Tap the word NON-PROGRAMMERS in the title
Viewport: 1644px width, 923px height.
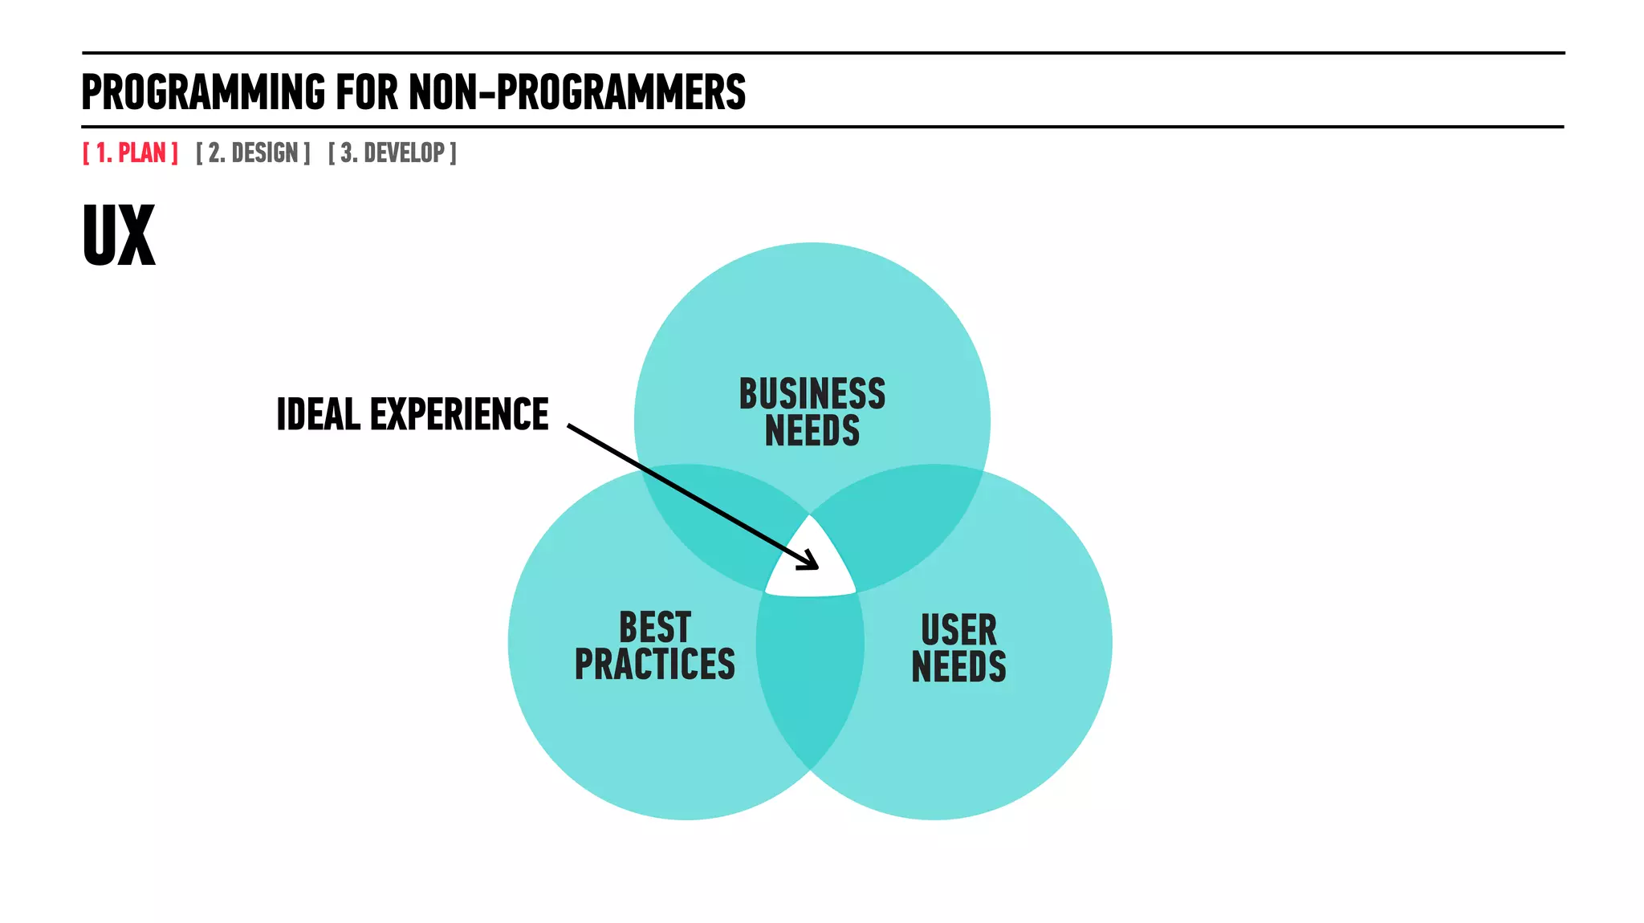click(x=577, y=92)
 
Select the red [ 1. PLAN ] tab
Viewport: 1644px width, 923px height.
click(x=130, y=152)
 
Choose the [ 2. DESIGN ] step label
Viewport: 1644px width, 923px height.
click(x=253, y=152)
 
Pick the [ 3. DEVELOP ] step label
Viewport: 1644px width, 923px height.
click(x=392, y=152)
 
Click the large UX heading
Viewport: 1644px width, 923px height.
click(x=119, y=236)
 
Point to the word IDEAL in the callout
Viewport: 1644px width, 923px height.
click(x=318, y=415)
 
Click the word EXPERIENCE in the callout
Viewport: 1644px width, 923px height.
click(x=458, y=415)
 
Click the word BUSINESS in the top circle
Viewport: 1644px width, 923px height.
click(x=812, y=394)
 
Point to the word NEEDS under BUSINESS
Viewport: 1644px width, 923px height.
click(x=812, y=431)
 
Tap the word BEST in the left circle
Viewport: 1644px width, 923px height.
click(x=654, y=627)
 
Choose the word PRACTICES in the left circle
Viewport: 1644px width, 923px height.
click(x=654, y=665)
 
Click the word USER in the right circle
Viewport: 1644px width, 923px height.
click(x=958, y=629)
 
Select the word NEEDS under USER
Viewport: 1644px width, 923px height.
click(x=958, y=667)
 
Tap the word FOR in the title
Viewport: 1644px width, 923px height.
click(x=367, y=92)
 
